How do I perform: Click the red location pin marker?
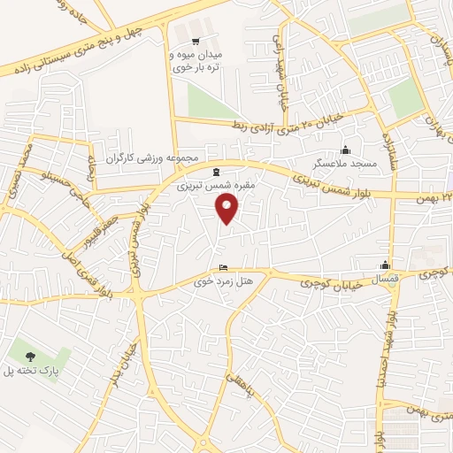(x=227, y=209)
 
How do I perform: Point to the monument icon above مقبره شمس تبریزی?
(x=217, y=171)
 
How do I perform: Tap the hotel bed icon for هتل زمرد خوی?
(x=223, y=267)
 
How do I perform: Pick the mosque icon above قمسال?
(x=385, y=264)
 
